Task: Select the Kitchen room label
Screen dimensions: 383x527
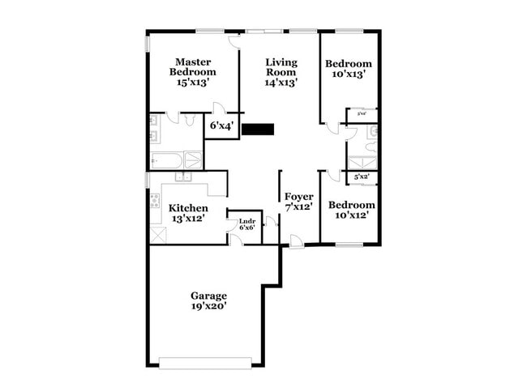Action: tap(188, 208)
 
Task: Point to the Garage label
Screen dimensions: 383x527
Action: tap(208, 296)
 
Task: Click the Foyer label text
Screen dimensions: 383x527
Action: tap(298, 197)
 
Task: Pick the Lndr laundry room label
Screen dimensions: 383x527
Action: tap(246, 220)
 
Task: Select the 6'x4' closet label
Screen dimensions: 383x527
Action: tap(221, 126)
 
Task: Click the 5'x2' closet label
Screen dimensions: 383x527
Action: tap(362, 177)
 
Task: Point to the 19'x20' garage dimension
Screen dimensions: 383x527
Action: tap(208, 306)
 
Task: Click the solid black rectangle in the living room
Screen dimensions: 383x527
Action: tap(259, 129)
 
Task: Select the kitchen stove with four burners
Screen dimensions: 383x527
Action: tap(155, 201)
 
